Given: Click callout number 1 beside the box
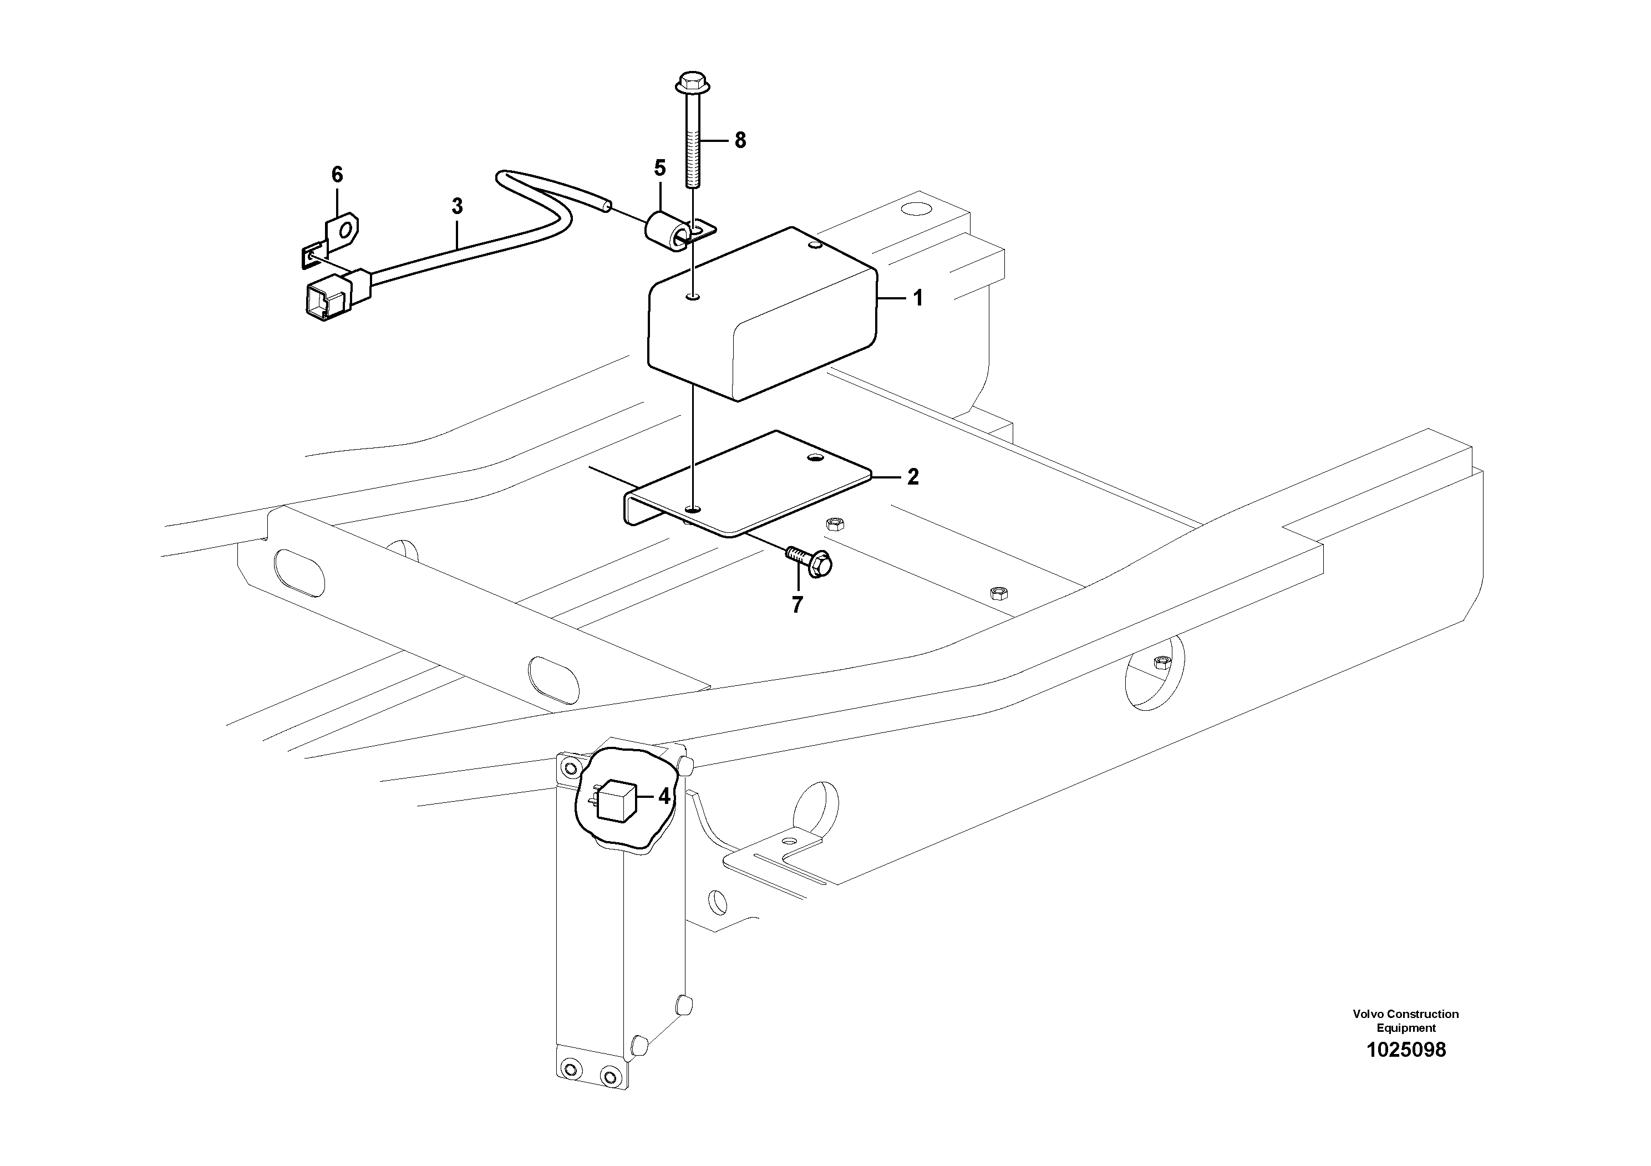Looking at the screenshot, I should point(917,298).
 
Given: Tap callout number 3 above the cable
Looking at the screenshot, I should point(458,206).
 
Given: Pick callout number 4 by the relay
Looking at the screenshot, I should point(664,797).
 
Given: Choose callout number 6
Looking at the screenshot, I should point(337,174).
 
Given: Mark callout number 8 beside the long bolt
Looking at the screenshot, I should point(740,140).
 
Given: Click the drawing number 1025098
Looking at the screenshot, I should point(1405,1050).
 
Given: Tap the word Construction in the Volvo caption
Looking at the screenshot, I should point(1423,1014).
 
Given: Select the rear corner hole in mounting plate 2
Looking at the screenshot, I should point(815,457).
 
